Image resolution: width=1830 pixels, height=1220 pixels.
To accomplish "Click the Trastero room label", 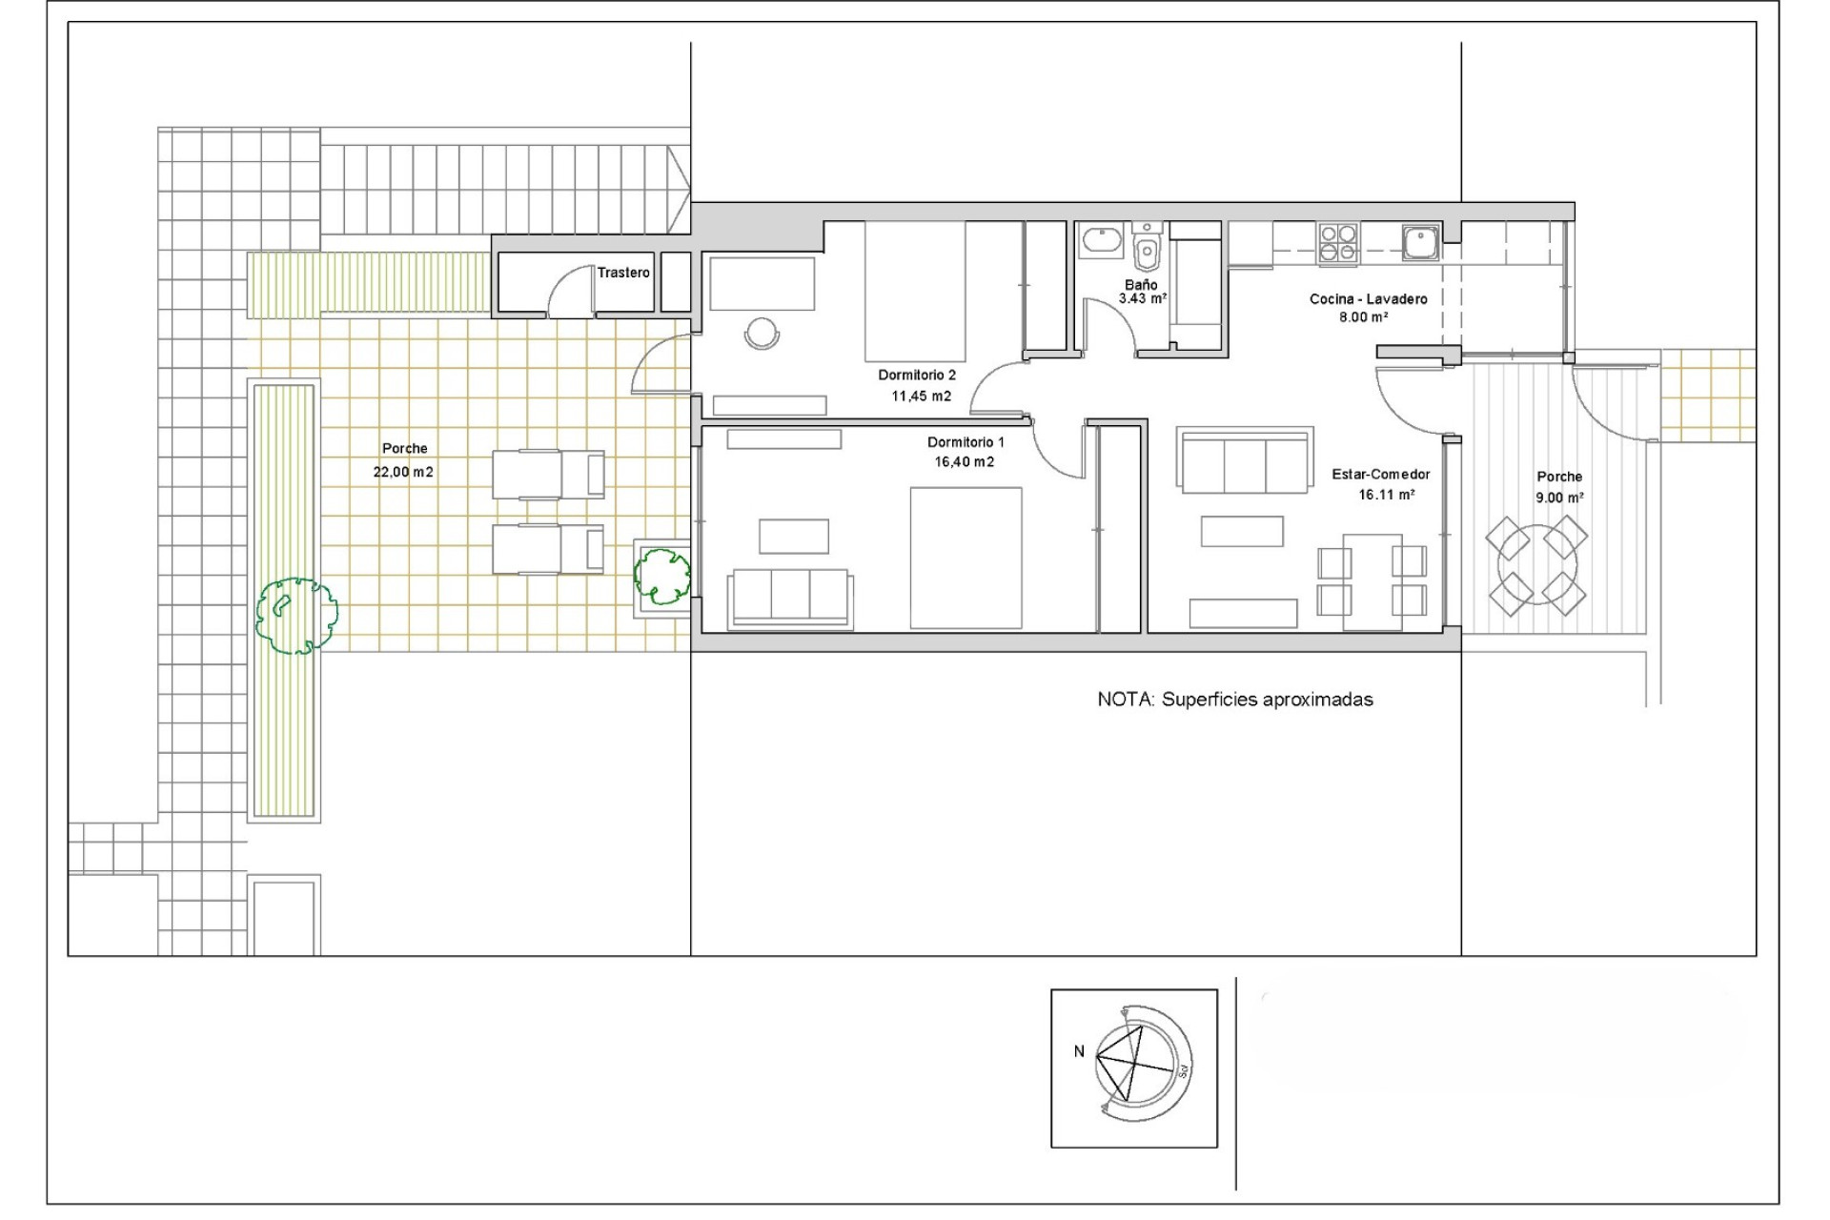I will click(x=623, y=273).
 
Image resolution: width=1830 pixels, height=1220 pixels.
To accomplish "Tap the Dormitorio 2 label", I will click(x=916, y=376).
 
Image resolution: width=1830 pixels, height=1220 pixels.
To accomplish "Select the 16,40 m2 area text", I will click(x=964, y=462).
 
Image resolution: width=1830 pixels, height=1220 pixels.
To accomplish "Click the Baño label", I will click(x=1141, y=285).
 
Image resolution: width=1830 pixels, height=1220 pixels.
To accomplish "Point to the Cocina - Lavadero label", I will click(x=1368, y=299).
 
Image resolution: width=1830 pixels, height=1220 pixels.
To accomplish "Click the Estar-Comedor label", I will click(x=1380, y=475).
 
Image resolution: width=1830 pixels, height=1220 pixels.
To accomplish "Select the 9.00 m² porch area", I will click(x=1559, y=498).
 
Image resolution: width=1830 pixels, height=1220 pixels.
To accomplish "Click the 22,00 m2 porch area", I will click(x=403, y=472).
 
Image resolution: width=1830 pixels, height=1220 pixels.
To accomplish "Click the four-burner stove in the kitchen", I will click(x=1338, y=243).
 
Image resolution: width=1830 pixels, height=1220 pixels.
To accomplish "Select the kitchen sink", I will click(x=1420, y=242).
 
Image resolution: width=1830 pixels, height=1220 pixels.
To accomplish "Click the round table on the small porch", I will click(x=1536, y=566).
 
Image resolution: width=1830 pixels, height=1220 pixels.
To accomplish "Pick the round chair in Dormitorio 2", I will click(x=762, y=333).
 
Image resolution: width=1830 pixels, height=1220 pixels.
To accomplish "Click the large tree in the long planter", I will click(x=296, y=616).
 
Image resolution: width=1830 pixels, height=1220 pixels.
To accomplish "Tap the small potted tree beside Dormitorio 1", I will click(x=662, y=575).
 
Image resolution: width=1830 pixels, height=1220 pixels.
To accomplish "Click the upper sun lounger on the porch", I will click(x=548, y=475).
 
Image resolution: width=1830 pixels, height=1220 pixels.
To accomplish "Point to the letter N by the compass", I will click(x=1079, y=1052).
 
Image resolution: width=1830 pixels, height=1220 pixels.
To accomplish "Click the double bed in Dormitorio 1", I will click(x=966, y=558).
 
